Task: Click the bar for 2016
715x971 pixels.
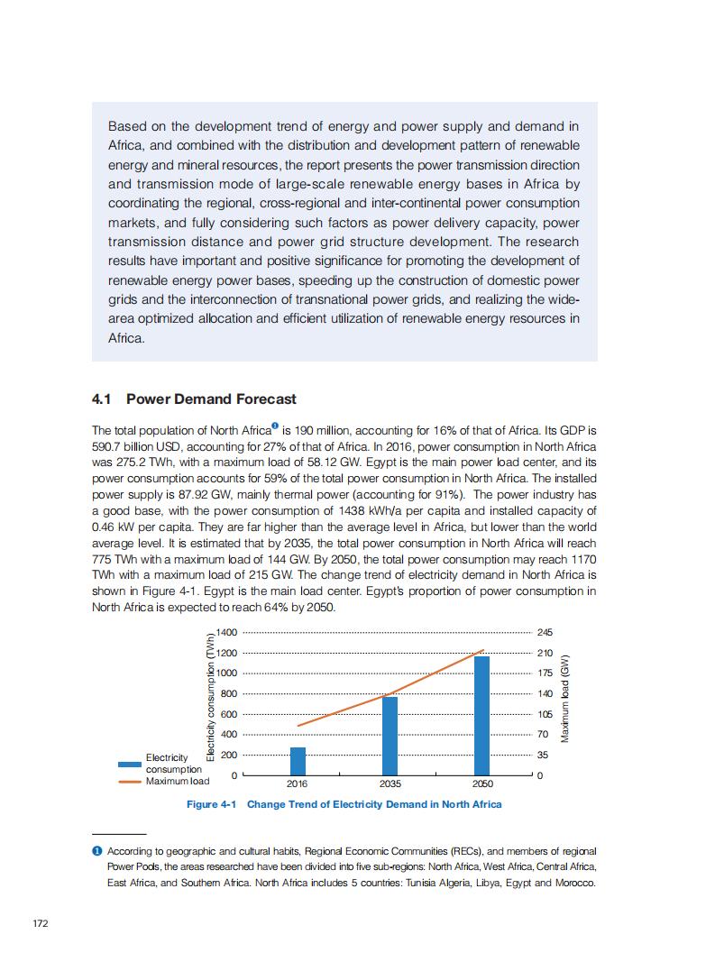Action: [298, 761]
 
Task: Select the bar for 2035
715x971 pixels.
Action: [390, 736]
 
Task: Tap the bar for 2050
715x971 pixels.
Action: [482, 716]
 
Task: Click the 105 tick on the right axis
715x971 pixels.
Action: [545, 714]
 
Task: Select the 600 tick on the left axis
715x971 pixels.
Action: [228, 714]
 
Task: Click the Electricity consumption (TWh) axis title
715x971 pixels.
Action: [209, 698]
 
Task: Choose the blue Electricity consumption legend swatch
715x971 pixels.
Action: [131, 764]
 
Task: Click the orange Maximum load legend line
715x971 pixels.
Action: [131, 781]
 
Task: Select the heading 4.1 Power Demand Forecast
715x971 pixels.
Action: [194, 398]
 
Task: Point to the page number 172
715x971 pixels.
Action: [40, 923]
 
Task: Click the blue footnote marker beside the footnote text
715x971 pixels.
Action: [97, 851]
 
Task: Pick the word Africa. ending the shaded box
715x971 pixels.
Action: [126, 339]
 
